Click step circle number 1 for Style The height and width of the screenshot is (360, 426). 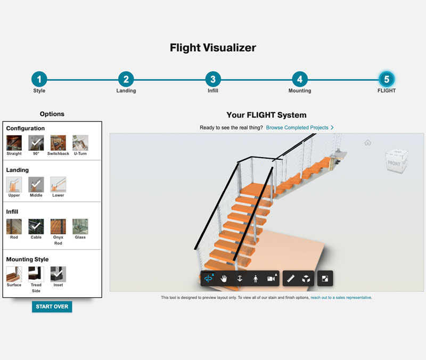pyautogui.click(x=39, y=79)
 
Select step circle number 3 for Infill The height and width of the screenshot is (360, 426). pyautogui.click(x=212, y=79)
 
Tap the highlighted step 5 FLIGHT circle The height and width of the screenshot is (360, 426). pyautogui.click(x=387, y=79)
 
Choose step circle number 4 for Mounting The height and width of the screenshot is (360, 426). pyautogui.click(x=300, y=79)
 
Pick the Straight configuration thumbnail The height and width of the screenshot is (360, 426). pyautogui.click(x=14, y=143)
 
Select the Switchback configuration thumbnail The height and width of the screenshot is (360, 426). pyautogui.click(x=58, y=143)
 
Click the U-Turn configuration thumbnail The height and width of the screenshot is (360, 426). pyautogui.click(x=80, y=143)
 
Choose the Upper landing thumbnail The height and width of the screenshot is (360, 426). pyautogui.click(x=14, y=185)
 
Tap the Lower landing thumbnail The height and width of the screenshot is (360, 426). pyautogui.click(x=58, y=185)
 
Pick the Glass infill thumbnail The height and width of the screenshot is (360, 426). pyautogui.click(x=80, y=226)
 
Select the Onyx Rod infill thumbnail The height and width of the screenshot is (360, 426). pyautogui.click(x=58, y=226)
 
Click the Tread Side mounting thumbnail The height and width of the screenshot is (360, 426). pyautogui.click(x=36, y=274)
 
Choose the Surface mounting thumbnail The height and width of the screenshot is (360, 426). pyautogui.click(x=14, y=274)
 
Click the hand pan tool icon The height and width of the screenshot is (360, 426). pyautogui.click(x=224, y=279)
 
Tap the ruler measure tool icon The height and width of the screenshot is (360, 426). pyautogui.click(x=290, y=279)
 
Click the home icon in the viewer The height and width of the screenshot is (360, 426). pyautogui.click(x=367, y=143)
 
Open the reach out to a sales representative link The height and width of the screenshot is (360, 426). pyautogui.click(x=341, y=298)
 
